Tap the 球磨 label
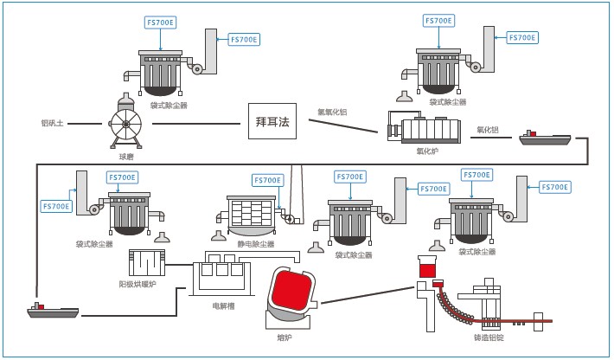[x=127, y=157]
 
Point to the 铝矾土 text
[x=53, y=123]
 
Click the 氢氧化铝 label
[x=332, y=111]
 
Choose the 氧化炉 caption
[x=427, y=151]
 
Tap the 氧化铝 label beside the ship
[x=488, y=130]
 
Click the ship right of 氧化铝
[x=545, y=138]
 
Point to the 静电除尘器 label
[x=255, y=244]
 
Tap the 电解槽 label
[x=223, y=305]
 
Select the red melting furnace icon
[x=291, y=296]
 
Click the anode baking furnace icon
[x=146, y=261]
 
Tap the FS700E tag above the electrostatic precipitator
[x=267, y=180]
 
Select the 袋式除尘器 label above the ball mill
[x=168, y=105]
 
